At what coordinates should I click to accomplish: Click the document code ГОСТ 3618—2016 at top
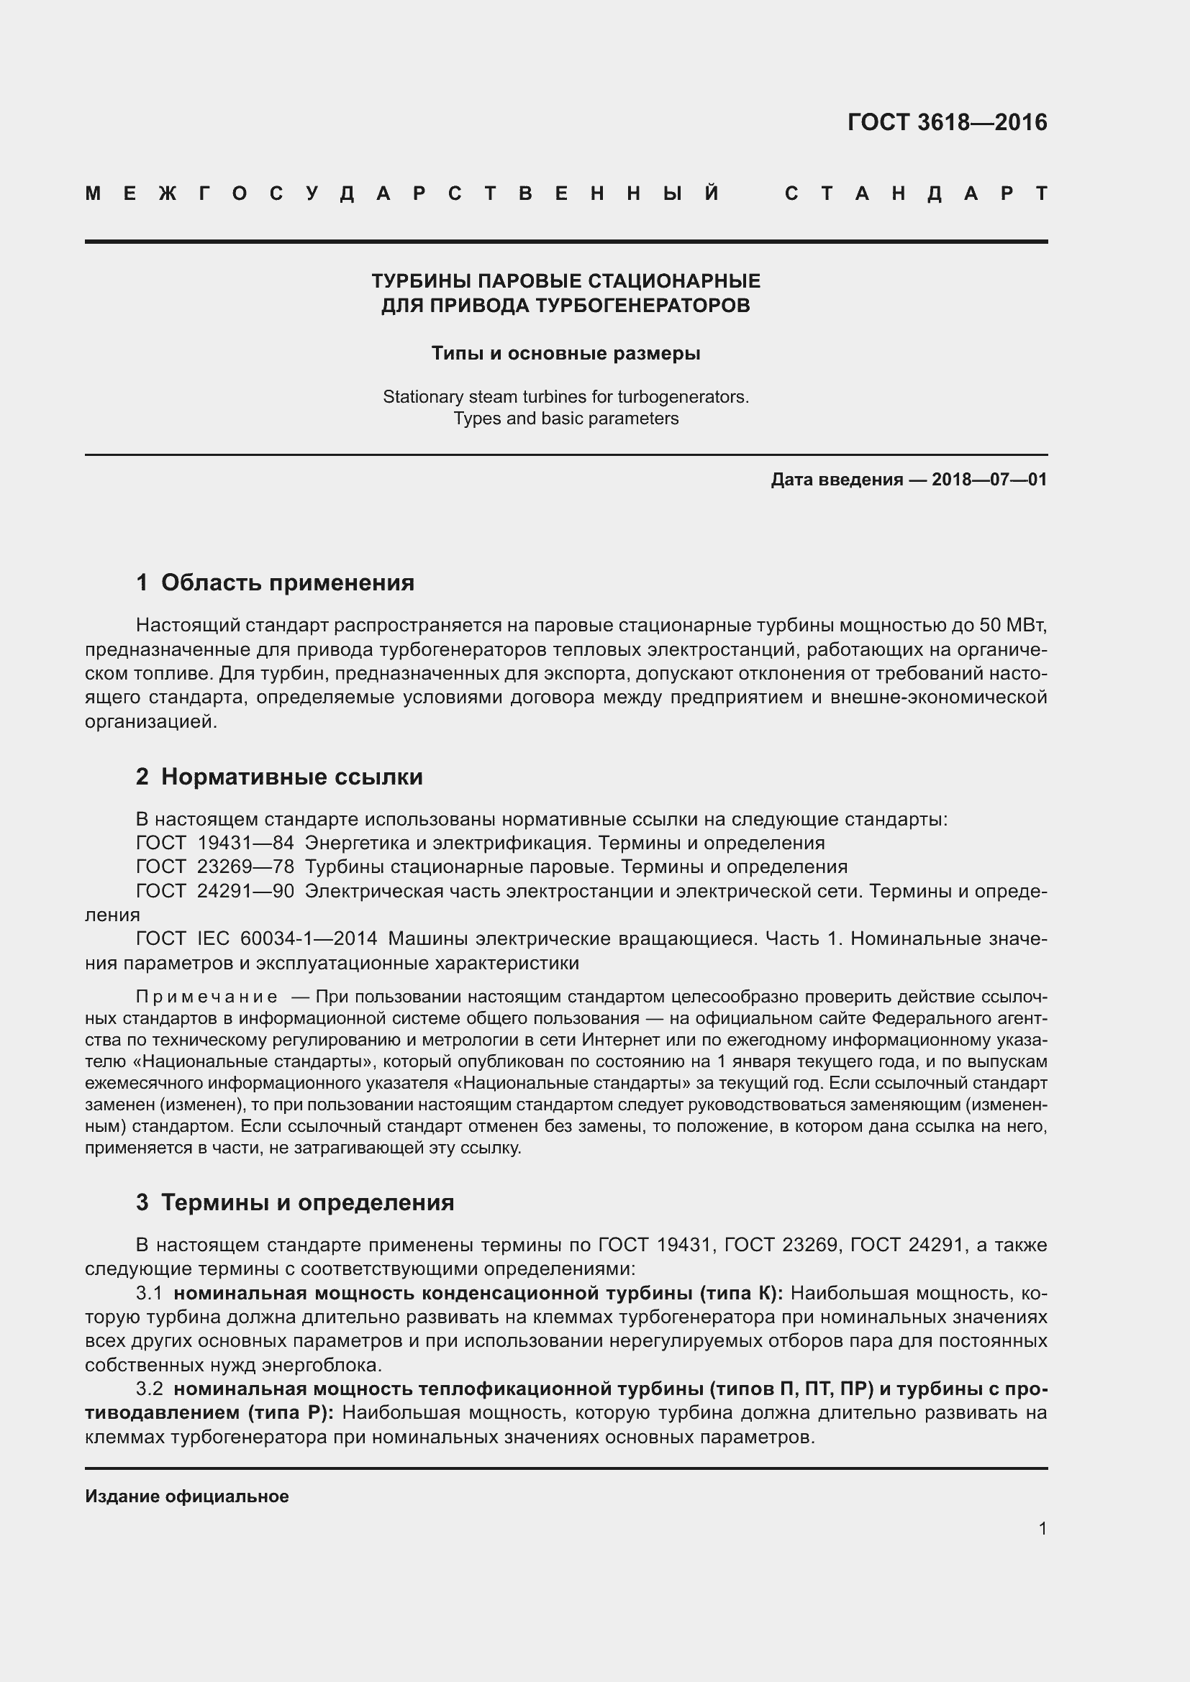[947, 122]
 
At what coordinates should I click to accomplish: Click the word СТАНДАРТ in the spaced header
[916, 194]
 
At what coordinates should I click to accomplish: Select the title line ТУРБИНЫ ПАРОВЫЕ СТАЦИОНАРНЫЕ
[566, 281]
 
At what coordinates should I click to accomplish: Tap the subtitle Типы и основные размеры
[566, 354]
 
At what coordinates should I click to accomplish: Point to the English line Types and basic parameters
[566, 419]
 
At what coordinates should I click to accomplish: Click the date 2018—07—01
[989, 480]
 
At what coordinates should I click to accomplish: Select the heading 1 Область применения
[275, 582]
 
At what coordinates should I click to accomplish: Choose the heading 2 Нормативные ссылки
[279, 777]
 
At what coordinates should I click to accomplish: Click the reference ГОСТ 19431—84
[214, 844]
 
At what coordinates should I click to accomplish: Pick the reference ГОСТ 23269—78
[214, 867]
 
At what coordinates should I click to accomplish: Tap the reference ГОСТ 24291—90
[214, 892]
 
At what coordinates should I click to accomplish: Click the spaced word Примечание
[206, 997]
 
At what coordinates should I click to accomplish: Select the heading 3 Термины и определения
[294, 1202]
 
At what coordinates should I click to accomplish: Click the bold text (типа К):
[741, 1294]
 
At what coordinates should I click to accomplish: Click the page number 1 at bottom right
[1042, 1529]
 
